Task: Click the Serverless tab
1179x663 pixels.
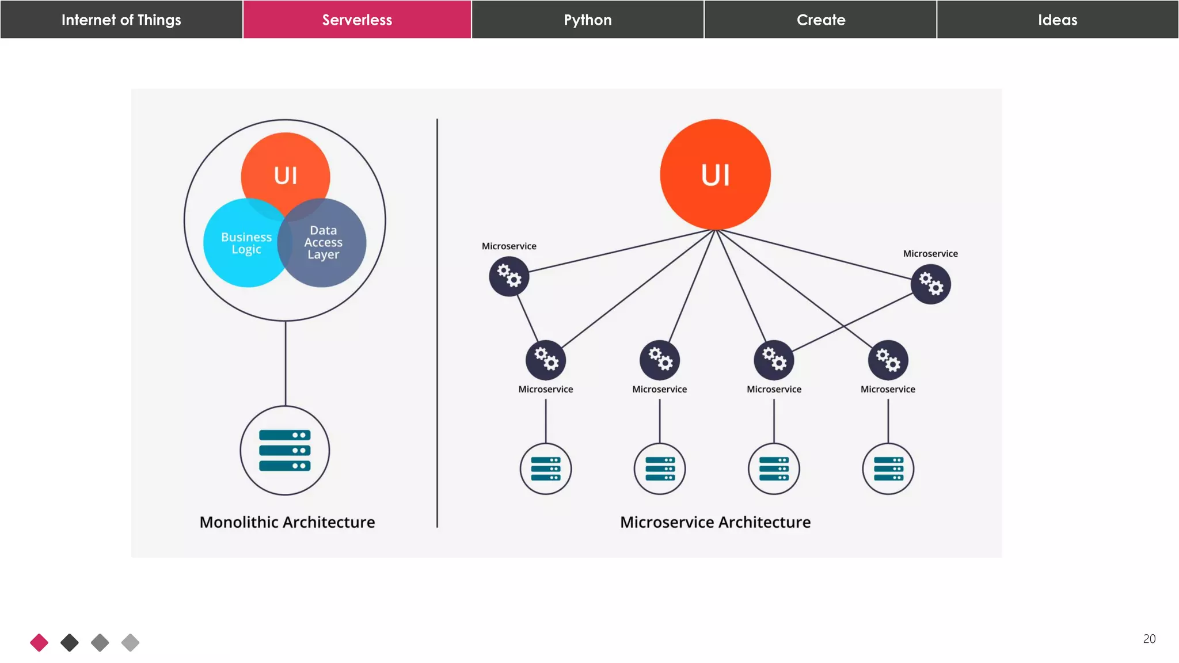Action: (357, 20)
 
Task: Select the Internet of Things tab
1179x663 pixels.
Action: (121, 20)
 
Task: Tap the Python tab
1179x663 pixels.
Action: (588, 20)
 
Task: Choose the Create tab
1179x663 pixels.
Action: (820, 20)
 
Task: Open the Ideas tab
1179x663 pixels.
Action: (1057, 20)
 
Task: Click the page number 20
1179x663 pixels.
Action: (1149, 639)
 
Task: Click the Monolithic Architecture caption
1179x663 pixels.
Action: (287, 522)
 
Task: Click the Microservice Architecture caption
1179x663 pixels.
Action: (715, 522)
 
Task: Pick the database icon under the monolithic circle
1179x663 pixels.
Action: (285, 450)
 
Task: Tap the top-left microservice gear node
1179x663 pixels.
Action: (509, 277)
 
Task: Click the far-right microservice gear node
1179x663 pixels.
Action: (930, 284)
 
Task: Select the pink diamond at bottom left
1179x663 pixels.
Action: (39, 642)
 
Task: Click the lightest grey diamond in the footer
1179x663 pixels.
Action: (130, 642)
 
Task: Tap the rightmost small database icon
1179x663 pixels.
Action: (888, 468)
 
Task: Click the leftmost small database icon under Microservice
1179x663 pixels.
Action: (546, 468)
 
